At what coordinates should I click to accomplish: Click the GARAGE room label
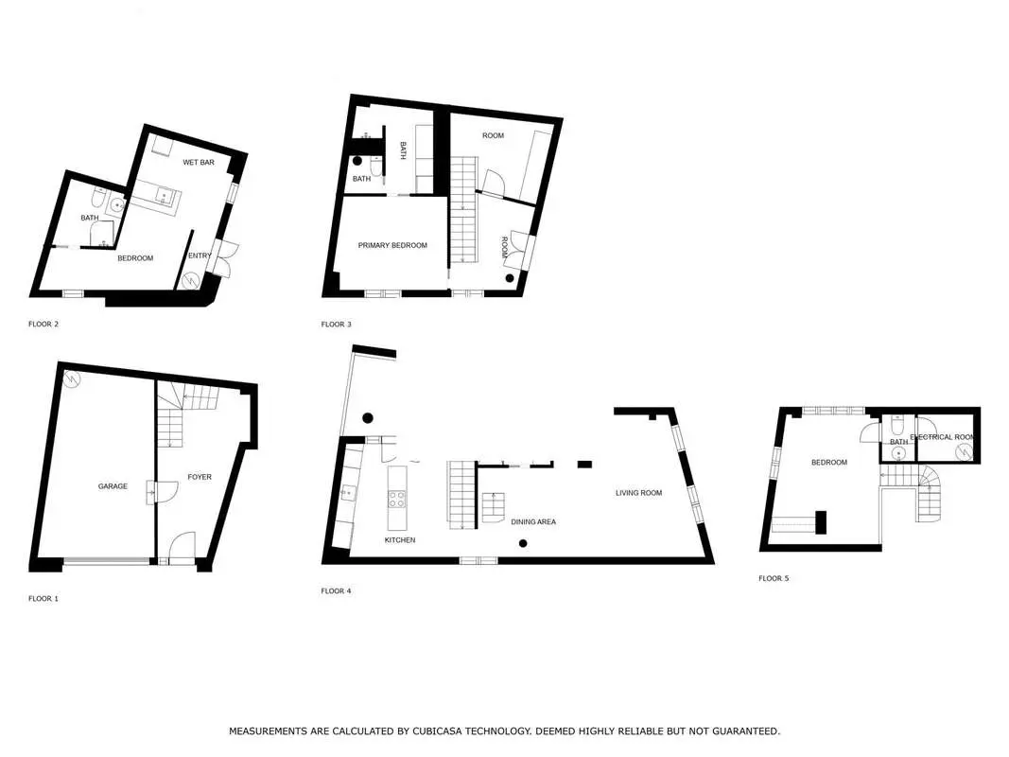pos(113,486)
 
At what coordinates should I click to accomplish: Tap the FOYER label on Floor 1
pos(200,477)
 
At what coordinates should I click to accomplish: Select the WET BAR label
pos(199,162)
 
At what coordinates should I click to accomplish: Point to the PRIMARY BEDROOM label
pos(392,245)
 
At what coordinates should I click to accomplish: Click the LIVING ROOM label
pos(638,493)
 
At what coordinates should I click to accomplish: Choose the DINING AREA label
pos(533,522)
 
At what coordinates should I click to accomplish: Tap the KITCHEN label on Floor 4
pos(400,540)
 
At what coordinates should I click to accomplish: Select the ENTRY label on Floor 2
pos(200,255)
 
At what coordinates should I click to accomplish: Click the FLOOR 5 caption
pos(774,578)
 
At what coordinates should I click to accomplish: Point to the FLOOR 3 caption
pos(336,325)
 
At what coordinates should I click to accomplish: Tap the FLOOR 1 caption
pos(43,599)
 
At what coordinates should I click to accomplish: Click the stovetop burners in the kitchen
pos(397,500)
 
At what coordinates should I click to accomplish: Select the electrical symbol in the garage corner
pos(72,380)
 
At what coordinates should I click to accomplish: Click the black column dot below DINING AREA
pos(523,544)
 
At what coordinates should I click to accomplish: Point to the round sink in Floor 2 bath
pos(117,205)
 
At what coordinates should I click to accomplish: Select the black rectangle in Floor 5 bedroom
pos(821,522)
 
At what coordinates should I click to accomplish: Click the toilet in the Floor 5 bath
pos(897,425)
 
